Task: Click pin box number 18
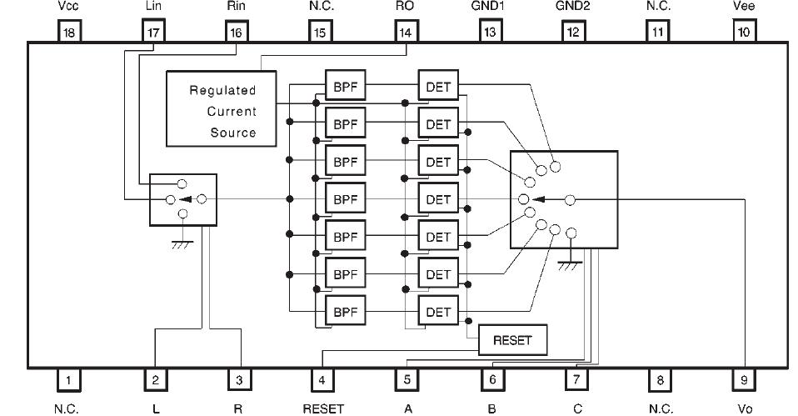coord(69,32)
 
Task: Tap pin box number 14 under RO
coord(406,32)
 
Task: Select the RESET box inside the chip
coord(512,339)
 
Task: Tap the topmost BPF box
coord(345,87)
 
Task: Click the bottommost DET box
coord(438,312)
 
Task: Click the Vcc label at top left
coord(69,7)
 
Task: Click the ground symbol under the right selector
coord(570,263)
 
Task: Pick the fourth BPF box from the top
coord(345,199)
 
